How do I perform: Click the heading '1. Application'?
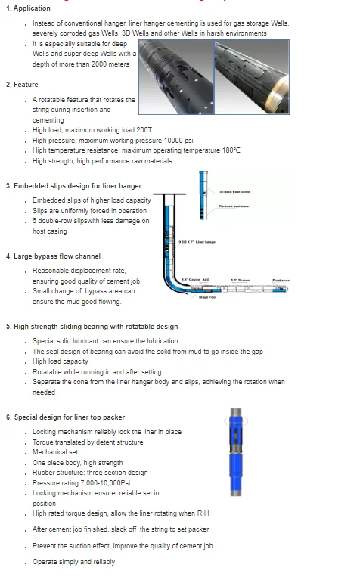coord(28,8)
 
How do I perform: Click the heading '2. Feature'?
coord(23,85)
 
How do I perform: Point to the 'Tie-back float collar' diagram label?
coord(234,192)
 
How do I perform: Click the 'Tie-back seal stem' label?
coord(233,206)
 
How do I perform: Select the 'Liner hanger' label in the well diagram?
coord(198,242)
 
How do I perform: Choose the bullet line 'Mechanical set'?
coord(57,452)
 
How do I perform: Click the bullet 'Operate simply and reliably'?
coord(74,562)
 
